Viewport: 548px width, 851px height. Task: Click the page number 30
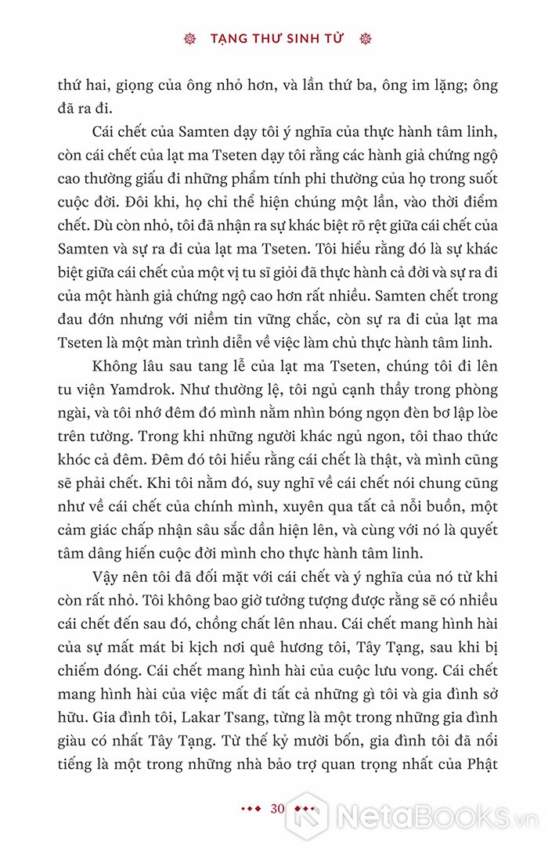[275, 809]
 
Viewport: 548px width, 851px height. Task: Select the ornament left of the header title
[188, 38]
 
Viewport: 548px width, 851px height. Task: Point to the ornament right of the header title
[362, 38]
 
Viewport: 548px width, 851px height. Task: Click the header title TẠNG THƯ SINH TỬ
[275, 38]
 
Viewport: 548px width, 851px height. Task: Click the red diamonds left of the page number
[251, 809]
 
